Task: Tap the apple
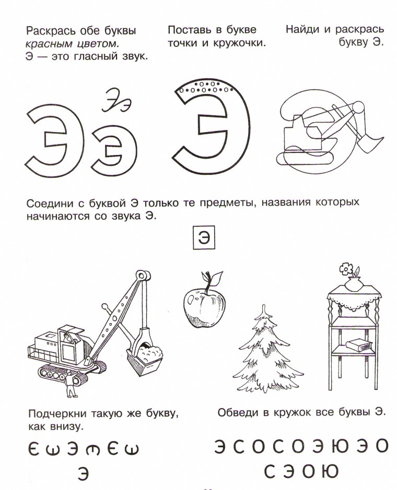point(203,306)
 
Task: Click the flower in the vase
point(346,270)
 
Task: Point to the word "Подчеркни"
point(55,414)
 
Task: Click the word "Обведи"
point(237,412)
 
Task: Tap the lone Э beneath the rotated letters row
point(83,473)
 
